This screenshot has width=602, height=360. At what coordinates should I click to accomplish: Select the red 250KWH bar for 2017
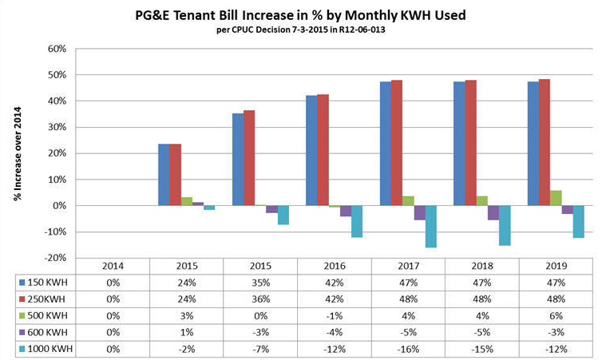pyautogui.click(x=397, y=143)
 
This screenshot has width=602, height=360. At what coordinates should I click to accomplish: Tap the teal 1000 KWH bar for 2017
pyautogui.click(x=430, y=227)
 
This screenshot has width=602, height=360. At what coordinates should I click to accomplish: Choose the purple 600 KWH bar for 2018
pyautogui.click(x=493, y=212)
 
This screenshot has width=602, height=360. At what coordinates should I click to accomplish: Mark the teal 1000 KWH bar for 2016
pyautogui.click(x=356, y=221)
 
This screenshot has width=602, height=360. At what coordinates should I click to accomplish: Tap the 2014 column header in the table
pyautogui.click(x=112, y=265)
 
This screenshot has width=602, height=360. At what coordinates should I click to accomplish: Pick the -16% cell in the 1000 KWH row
pyautogui.click(x=407, y=349)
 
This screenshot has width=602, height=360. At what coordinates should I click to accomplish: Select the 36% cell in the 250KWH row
pyautogui.click(x=260, y=299)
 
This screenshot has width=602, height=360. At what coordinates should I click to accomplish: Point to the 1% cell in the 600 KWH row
pyautogui.click(x=187, y=332)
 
